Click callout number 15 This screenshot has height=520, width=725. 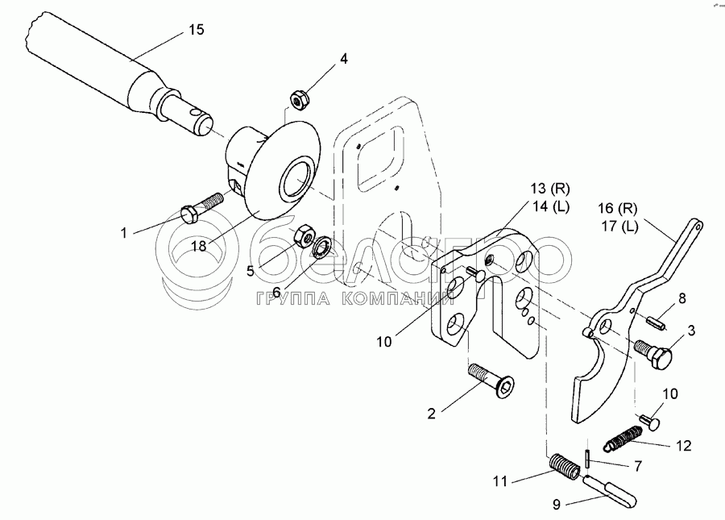(197, 30)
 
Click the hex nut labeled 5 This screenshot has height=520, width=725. (303, 235)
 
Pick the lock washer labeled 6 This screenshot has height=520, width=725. (322, 246)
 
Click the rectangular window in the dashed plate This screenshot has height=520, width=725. (375, 157)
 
